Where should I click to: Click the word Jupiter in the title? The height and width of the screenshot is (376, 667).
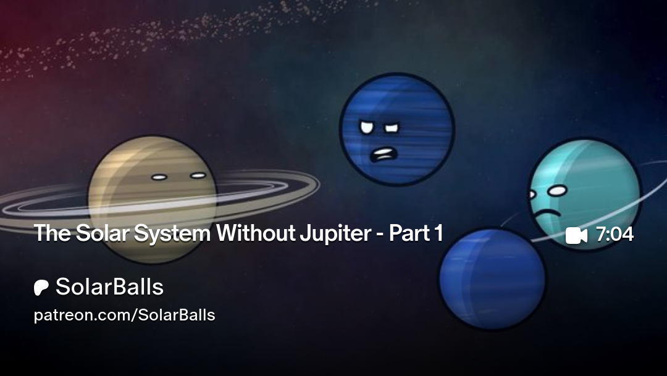point(335,233)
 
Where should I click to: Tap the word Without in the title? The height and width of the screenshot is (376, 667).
point(256,233)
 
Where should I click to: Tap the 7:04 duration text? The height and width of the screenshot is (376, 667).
point(615,235)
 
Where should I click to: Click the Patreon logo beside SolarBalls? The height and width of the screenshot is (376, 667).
point(41,288)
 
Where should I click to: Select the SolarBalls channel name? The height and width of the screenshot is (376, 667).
point(109,286)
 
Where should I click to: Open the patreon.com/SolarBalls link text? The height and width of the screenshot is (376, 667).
point(124,315)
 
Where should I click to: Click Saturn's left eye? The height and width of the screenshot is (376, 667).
point(159,177)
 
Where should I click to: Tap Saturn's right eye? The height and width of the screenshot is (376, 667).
point(198,175)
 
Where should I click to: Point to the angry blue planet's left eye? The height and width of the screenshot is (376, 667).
point(366,127)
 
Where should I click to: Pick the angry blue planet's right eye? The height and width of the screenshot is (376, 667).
point(392,128)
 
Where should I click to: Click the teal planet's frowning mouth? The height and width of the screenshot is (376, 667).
point(547,214)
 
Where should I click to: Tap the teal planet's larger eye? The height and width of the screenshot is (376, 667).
point(557,191)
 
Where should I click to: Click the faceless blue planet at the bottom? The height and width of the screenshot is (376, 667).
point(492,278)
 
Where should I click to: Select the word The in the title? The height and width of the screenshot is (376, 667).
point(52,233)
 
